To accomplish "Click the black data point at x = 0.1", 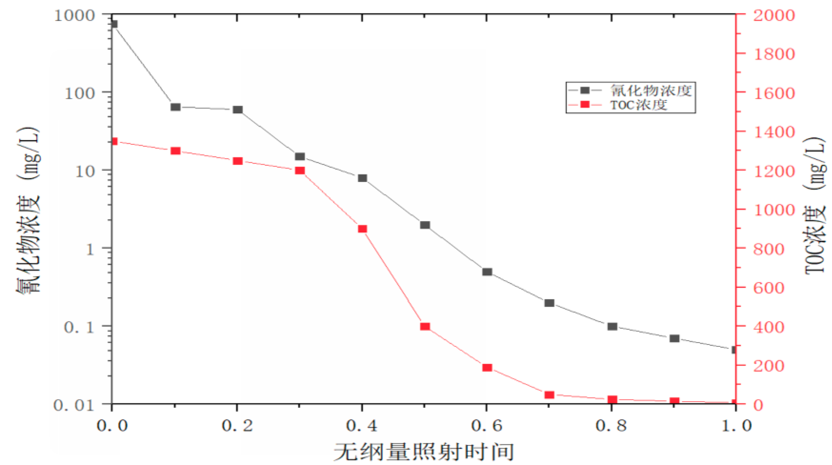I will pos(175,107).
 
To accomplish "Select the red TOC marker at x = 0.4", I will pos(362,229).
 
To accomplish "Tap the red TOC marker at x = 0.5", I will pos(425,326).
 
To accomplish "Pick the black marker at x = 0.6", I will pos(487,272).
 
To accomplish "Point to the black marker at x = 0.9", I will pos(674,338).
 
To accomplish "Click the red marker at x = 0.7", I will pos(549,395).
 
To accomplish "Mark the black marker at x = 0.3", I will pos(300,156).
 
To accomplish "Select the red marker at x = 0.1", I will pos(175,151).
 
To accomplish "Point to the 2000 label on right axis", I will pos(773,16).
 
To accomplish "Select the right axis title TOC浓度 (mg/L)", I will pos(815,205).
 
